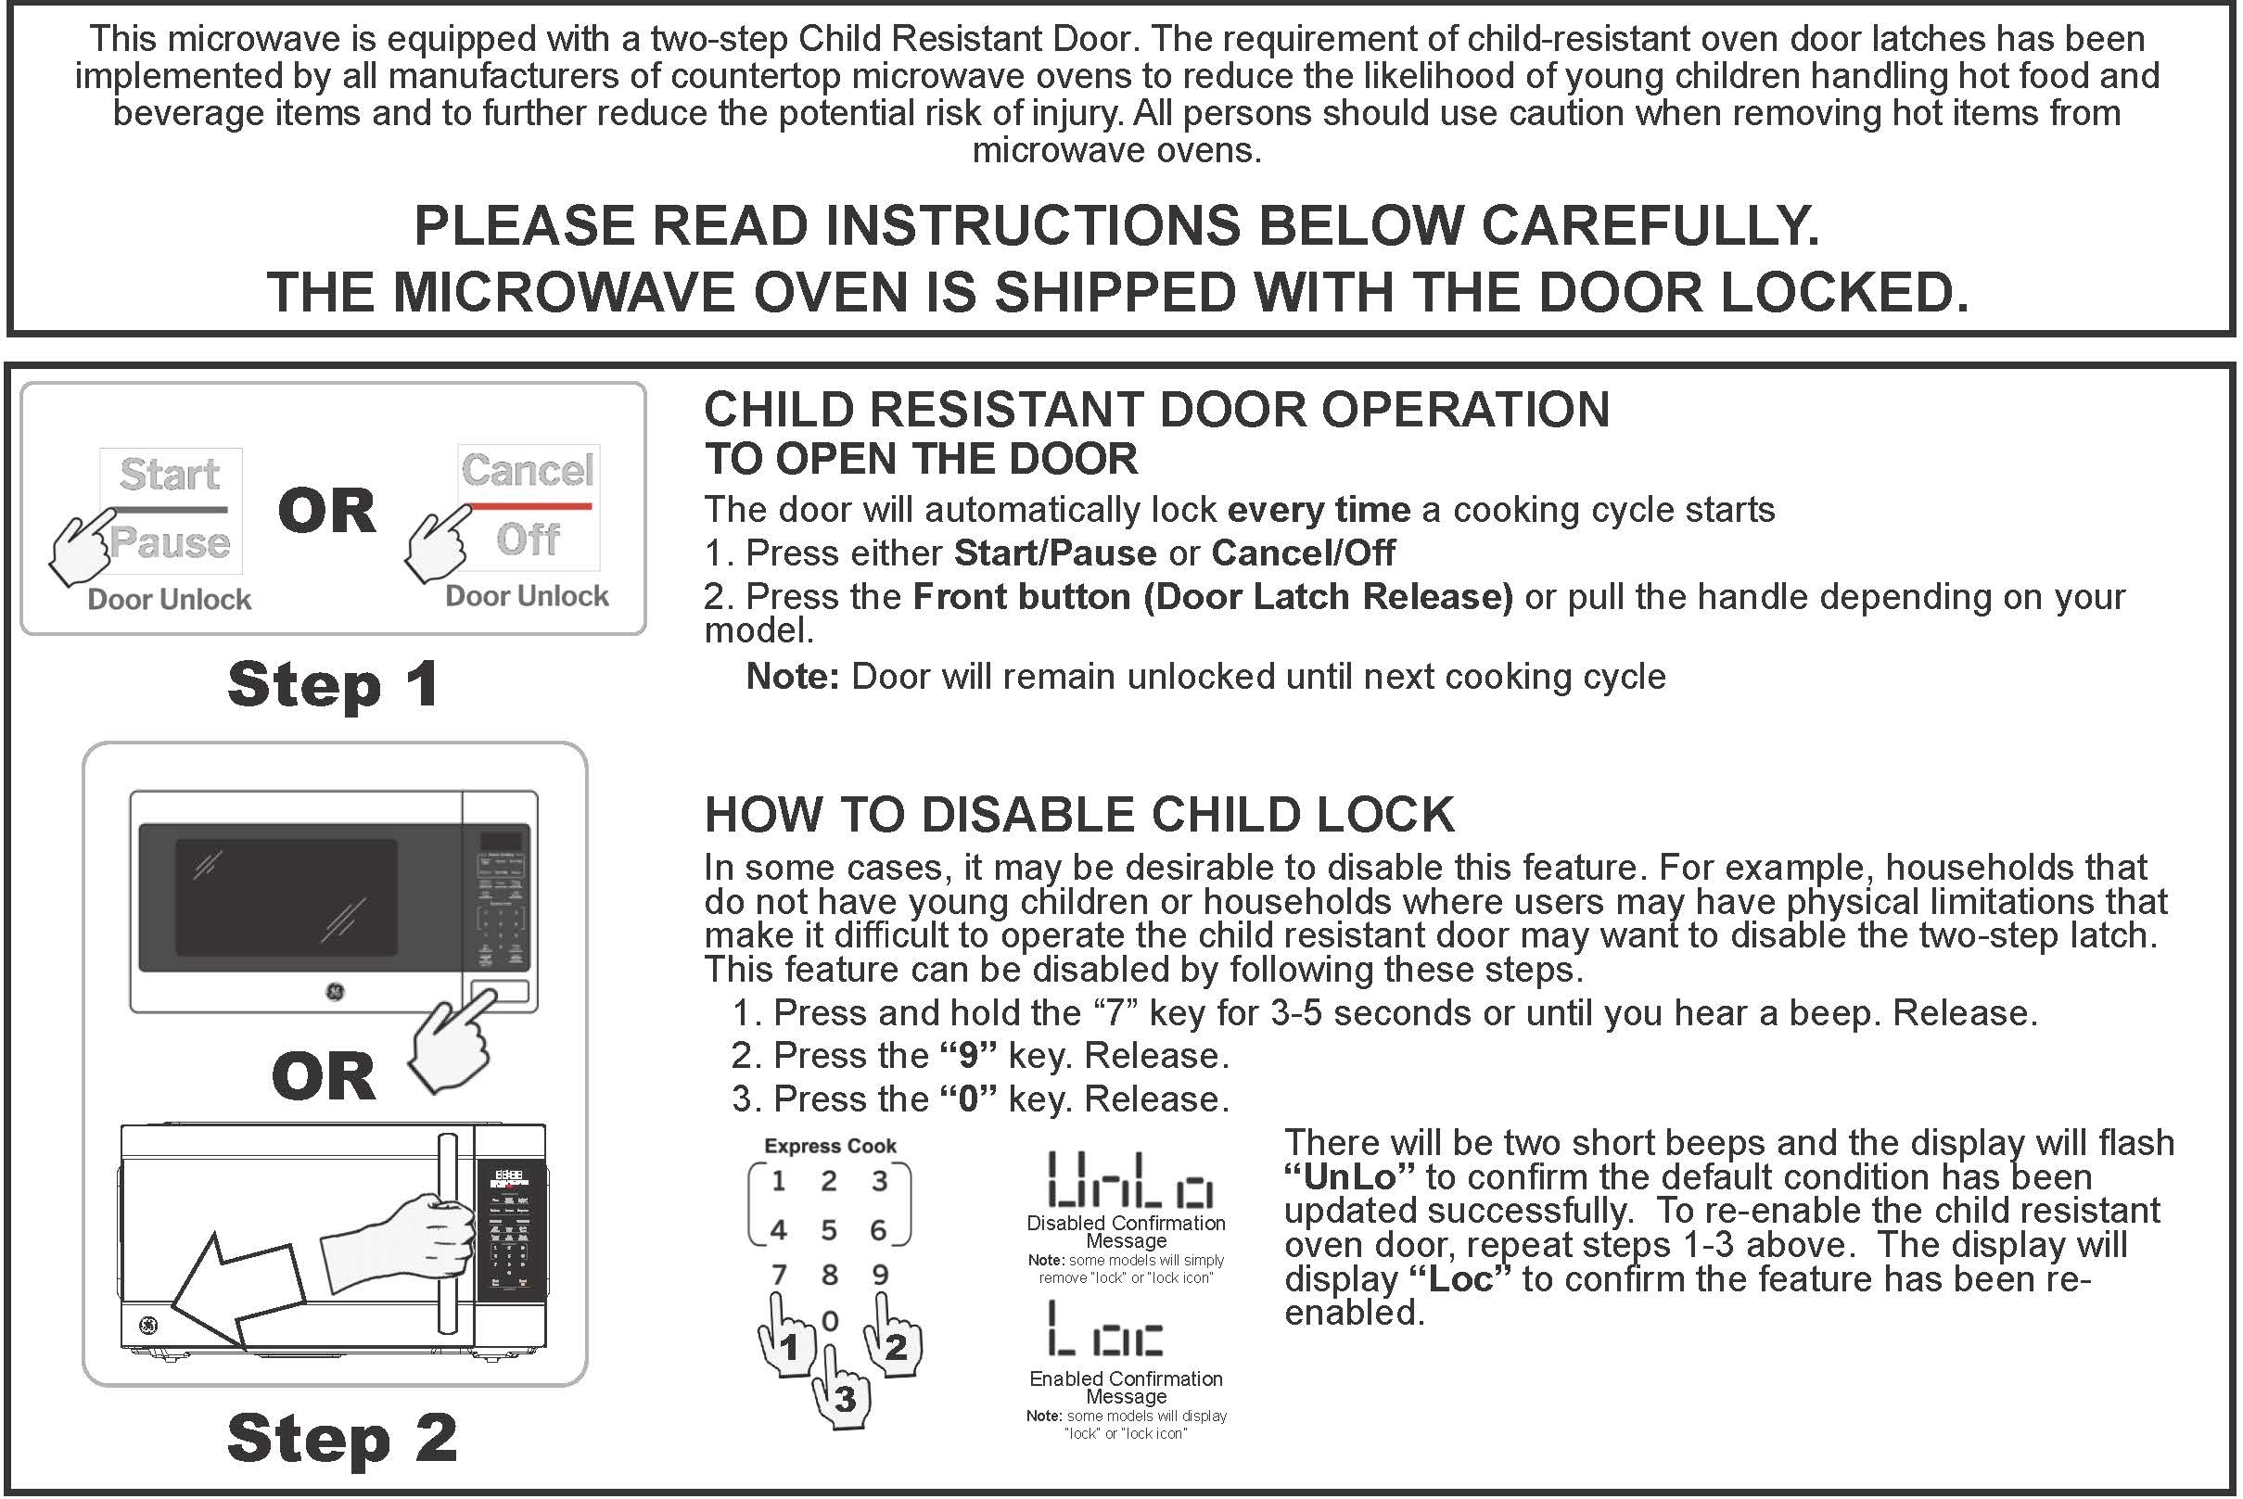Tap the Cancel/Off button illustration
point(529,507)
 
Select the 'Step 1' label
point(333,684)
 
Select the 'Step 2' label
point(341,1438)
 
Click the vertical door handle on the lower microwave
point(447,1233)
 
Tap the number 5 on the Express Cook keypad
point(829,1229)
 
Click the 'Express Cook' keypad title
point(830,1145)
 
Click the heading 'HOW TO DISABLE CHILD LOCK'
point(1078,815)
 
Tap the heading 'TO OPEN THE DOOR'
point(921,459)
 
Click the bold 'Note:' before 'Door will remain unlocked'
point(792,677)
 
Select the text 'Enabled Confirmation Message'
point(1126,1387)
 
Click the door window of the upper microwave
point(286,897)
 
